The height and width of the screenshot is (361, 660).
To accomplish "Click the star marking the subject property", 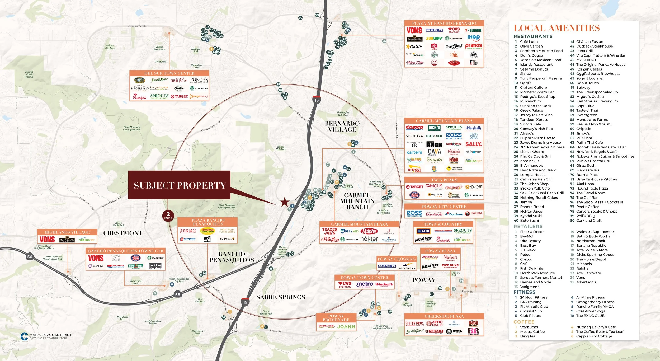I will click(x=284, y=202).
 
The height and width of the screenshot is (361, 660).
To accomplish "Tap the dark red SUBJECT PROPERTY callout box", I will click(x=179, y=185).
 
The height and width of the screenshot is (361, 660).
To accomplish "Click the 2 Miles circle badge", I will click(x=168, y=216).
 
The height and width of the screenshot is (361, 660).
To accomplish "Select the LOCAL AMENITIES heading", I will click(x=557, y=28).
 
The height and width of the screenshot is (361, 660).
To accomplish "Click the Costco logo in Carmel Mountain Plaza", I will click(x=414, y=128).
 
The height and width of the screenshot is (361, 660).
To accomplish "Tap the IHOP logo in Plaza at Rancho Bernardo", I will click(x=473, y=38).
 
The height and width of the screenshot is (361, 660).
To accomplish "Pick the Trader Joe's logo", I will click(x=329, y=231).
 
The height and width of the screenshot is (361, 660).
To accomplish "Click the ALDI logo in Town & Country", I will click(x=423, y=231).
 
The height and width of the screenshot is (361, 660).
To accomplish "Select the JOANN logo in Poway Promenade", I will click(x=346, y=327).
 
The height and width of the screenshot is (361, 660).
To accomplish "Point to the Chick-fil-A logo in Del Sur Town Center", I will click(x=139, y=97).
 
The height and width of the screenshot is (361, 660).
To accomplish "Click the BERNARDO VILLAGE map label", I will click(x=342, y=126).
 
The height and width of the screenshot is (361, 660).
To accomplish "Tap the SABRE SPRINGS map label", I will click(x=281, y=297).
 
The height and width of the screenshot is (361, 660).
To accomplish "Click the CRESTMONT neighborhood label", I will click(x=123, y=233).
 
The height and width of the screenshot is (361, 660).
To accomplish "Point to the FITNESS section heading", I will click(x=524, y=292).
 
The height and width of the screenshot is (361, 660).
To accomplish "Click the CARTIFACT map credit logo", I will click(x=24, y=336).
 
